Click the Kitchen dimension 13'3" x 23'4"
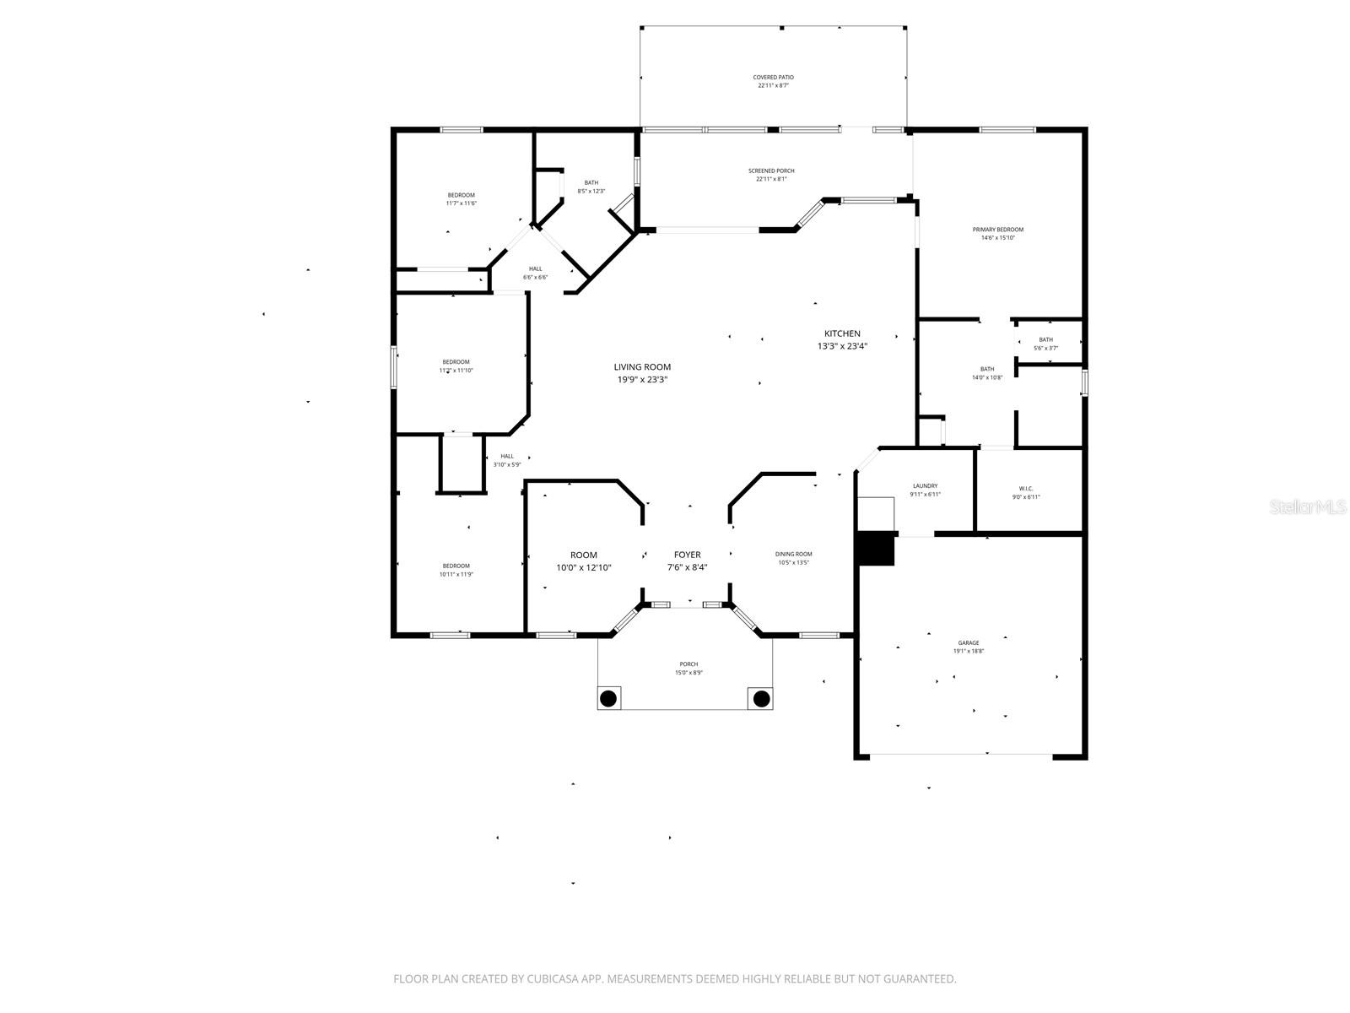click(x=842, y=346)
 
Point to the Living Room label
click(x=642, y=367)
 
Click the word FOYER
click(x=687, y=555)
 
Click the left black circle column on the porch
click(x=608, y=698)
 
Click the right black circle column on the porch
click(x=761, y=698)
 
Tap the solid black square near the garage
click(x=875, y=548)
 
